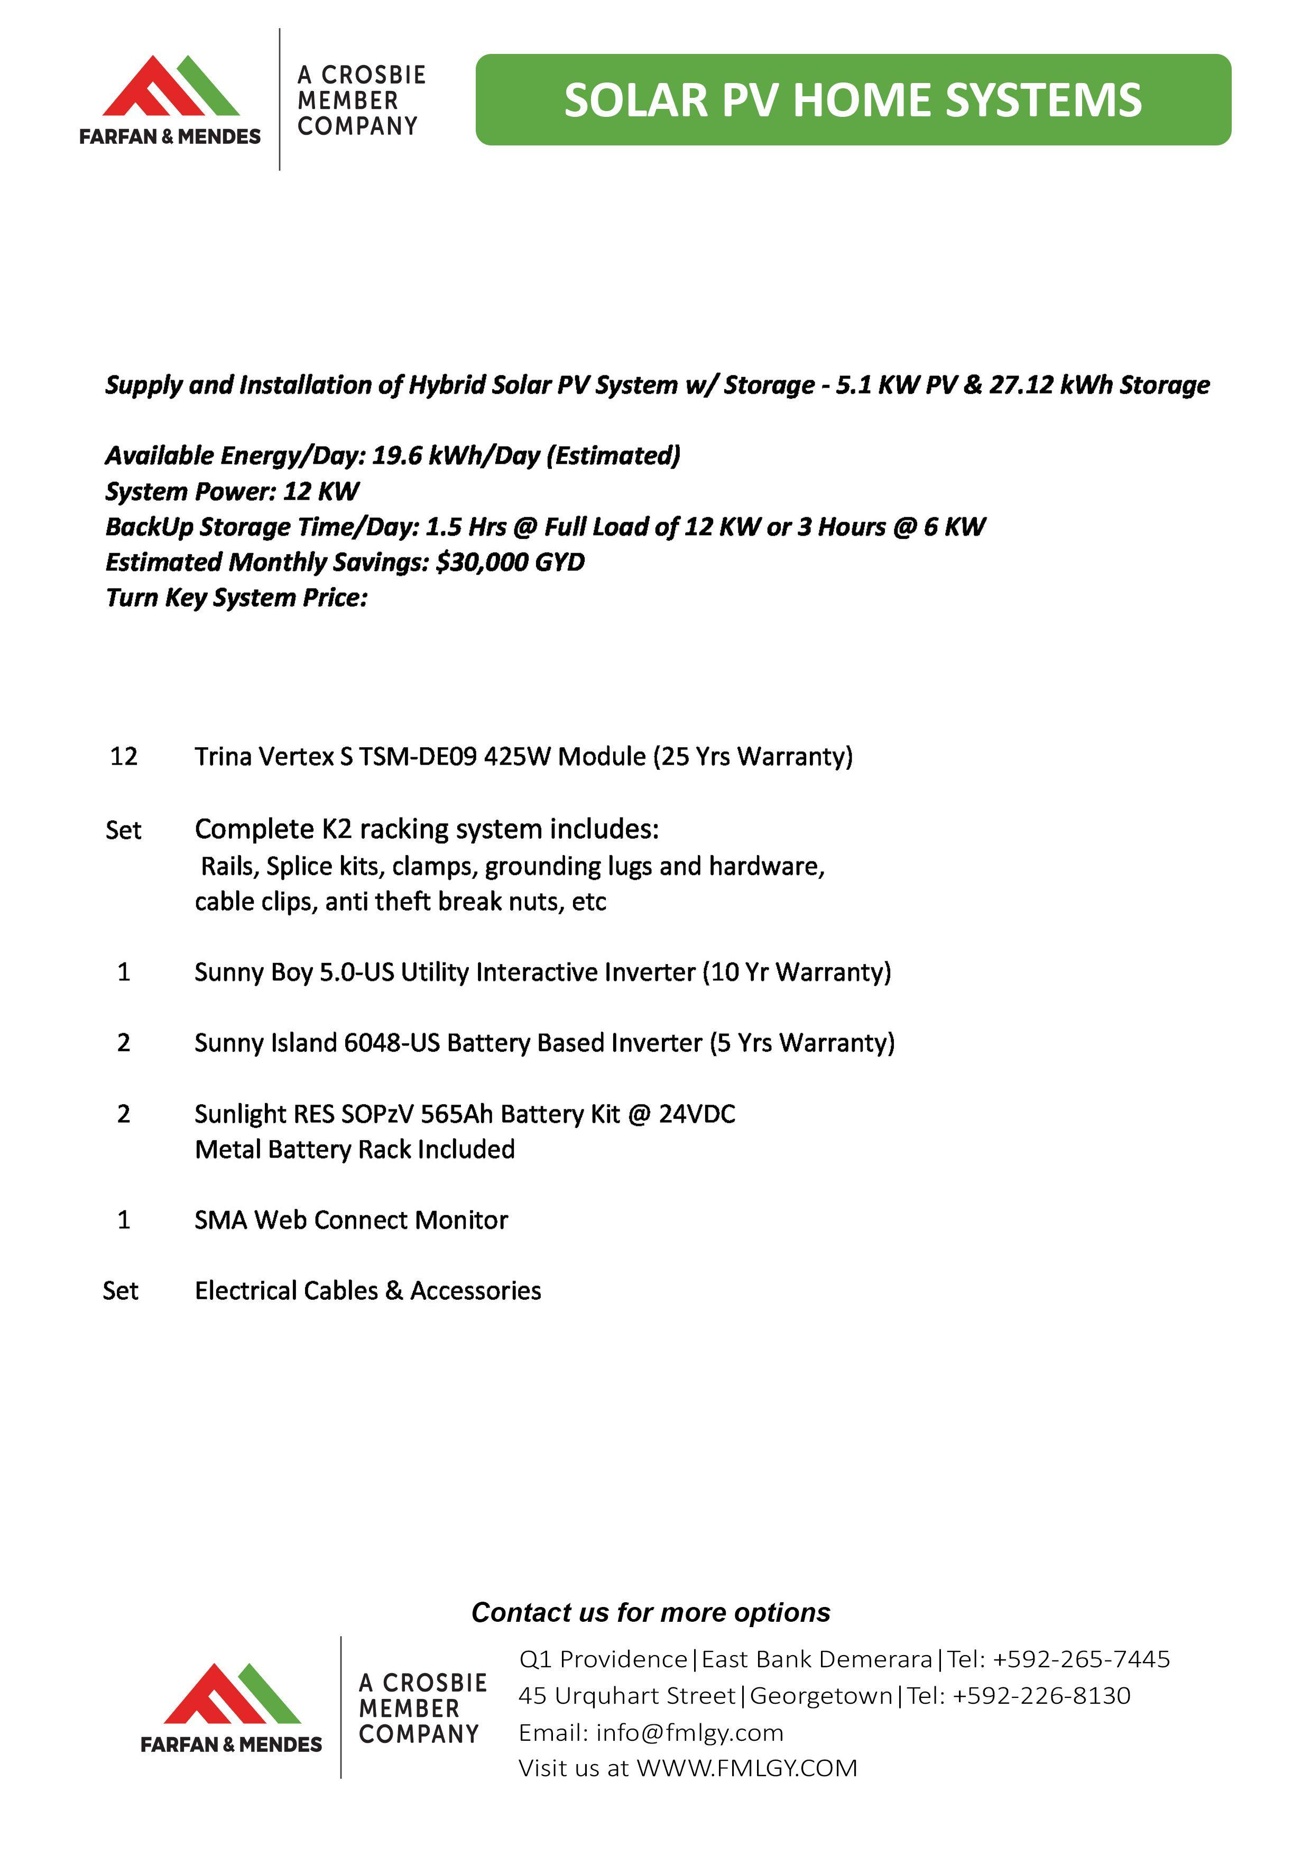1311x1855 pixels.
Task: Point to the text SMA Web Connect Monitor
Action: pos(352,1219)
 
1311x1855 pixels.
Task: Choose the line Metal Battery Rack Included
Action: pos(355,1149)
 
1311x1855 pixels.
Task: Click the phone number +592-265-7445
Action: pos(1081,1659)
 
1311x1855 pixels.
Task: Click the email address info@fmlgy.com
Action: pos(689,1732)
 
